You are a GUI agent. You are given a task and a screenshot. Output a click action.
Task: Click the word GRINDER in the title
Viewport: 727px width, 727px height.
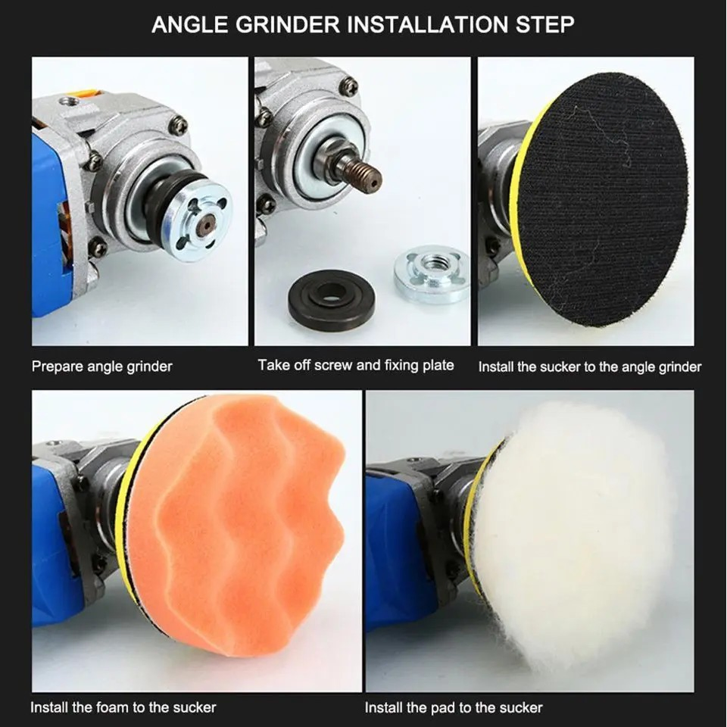click(293, 24)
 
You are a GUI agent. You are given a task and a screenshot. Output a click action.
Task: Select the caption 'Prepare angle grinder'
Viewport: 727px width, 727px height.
click(101, 367)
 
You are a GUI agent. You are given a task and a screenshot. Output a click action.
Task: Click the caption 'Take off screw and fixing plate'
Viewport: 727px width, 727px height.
click(356, 365)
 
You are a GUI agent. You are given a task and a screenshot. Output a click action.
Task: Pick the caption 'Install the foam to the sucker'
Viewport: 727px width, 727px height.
click(123, 707)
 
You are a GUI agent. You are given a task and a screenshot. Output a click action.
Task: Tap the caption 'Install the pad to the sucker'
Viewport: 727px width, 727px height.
click(454, 708)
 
